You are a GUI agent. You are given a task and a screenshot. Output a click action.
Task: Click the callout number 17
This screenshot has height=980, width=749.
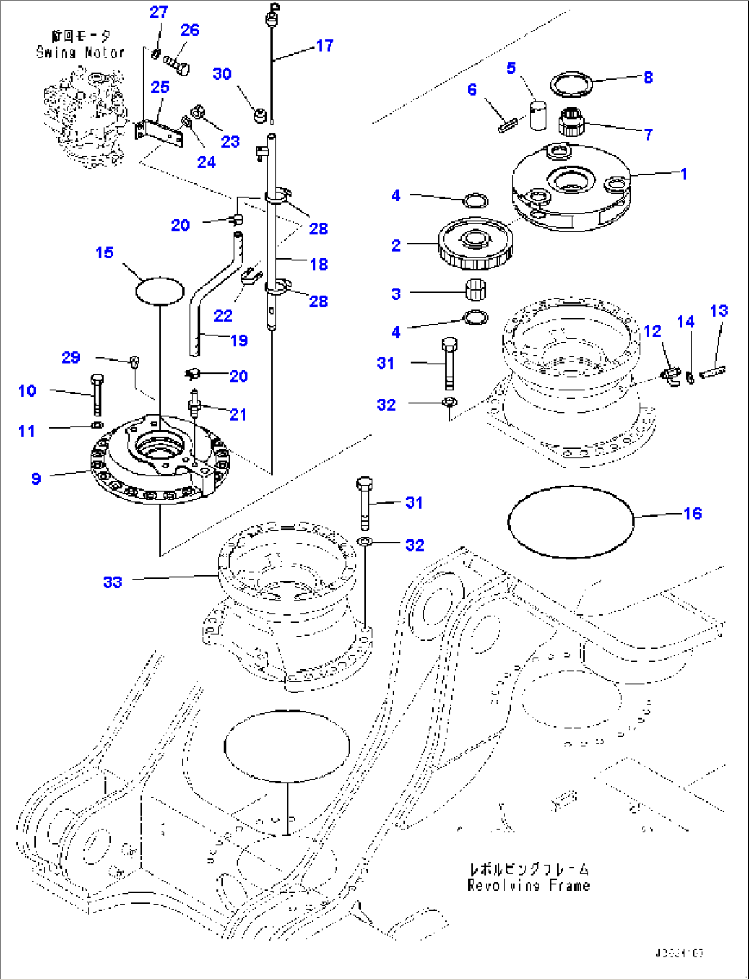coord(324,45)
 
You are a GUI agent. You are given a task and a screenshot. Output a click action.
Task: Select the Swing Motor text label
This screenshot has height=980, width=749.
coord(80,52)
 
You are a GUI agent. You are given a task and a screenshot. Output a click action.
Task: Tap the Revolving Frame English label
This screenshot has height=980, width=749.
coord(528,886)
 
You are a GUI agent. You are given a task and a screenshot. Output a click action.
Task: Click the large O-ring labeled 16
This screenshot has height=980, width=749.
coord(569,488)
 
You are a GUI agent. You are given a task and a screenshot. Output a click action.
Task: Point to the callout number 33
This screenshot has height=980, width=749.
coord(112,582)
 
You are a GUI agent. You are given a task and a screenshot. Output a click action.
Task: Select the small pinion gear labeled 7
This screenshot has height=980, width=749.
coord(570,123)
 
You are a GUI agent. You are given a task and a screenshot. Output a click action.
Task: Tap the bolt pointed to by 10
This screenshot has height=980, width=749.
coord(96,394)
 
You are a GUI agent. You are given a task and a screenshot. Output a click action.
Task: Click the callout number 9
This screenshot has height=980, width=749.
coord(36,479)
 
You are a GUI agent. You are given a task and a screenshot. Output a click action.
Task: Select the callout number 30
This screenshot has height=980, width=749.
coord(222,74)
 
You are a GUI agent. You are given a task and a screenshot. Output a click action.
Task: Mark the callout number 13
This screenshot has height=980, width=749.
coord(718,311)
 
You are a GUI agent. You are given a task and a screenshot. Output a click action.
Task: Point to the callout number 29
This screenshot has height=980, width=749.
coord(71,357)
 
